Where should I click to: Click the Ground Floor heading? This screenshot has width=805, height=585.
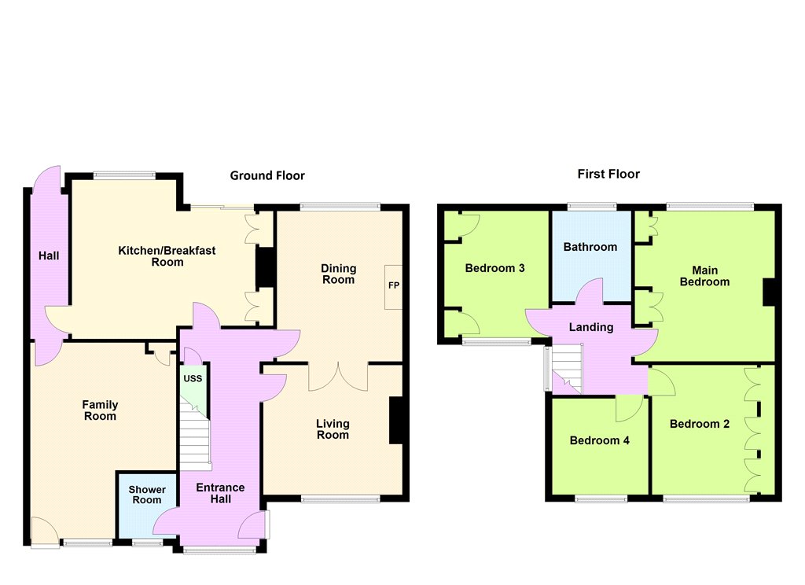click(267, 175)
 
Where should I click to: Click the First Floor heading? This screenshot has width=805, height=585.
click(608, 174)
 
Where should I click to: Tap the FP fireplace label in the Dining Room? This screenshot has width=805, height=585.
click(394, 285)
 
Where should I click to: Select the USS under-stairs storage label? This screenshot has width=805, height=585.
click(193, 378)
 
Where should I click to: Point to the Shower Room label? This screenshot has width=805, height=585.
click(147, 495)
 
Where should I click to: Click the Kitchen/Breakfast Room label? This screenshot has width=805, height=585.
click(167, 256)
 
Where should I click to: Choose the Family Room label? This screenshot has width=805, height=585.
click(100, 410)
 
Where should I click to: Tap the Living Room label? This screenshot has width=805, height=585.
click(333, 429)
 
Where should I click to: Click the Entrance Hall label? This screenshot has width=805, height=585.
click(220, 493)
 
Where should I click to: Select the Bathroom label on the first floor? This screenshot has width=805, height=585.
click(590, 247)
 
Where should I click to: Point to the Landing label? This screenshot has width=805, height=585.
click(591, 327)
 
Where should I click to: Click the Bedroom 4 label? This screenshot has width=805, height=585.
click(599, 440)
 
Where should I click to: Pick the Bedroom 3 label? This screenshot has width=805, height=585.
click(495, 268)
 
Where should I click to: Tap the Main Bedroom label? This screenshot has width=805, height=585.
click(704, 276)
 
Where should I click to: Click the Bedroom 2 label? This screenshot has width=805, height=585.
click(699, 425)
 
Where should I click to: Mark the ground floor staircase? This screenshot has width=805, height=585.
click(195, 436)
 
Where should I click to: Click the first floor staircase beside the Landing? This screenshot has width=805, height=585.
click(564, 369)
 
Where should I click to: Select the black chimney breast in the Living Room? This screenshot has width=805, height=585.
click(396, 420)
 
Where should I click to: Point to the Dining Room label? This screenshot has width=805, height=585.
click(338, 274)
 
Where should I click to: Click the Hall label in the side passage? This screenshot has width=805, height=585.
click(49, 256)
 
